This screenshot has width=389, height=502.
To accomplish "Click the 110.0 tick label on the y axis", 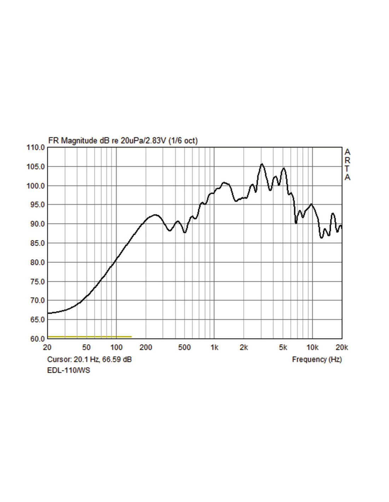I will point(36,148).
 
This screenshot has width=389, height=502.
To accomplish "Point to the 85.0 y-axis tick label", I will point(36,243).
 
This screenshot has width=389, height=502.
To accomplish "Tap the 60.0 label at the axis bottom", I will point(36,339).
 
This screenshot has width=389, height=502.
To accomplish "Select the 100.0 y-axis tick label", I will point(36,186).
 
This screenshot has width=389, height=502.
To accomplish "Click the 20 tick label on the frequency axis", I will point(47,347).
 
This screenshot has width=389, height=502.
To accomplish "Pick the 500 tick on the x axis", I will point(185,347).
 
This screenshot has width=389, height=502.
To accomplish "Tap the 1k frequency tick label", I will point(214,347).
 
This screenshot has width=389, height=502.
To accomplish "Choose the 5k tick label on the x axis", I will point(283,347).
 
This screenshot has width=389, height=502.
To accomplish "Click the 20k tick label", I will point(342,347).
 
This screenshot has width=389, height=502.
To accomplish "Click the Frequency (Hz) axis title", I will point(317,359).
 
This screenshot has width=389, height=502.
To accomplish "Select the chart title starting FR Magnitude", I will point(123,141).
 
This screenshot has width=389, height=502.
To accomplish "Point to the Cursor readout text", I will point(89,359).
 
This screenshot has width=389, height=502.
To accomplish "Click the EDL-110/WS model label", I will point(69,370).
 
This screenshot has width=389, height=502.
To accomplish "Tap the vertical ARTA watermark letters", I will point(347,165).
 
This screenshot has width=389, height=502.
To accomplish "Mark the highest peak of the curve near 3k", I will point(262,164).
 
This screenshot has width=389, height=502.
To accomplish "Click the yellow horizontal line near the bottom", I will point(89,337).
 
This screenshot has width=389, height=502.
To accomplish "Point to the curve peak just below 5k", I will point(284,168).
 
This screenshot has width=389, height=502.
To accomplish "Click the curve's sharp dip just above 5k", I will point(296,223).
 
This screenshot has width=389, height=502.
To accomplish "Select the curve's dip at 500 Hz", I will point(185,232).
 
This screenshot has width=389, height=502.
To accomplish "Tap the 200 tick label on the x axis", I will point(146,347).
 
